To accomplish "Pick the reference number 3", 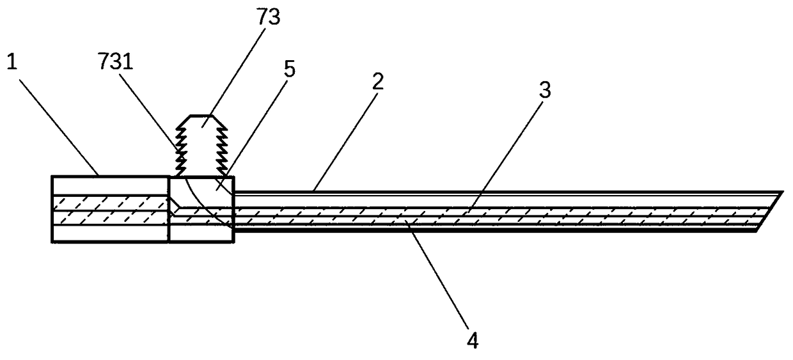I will click(x=544, y=91).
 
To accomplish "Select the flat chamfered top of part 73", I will click(x=202, y=117).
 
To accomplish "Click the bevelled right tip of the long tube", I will click(x=771, y=211).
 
